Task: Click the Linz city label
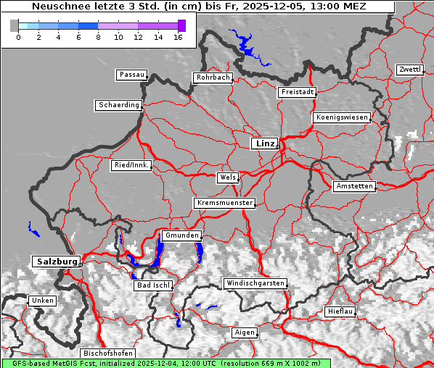pos(264,143)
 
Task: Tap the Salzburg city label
pos(55,261)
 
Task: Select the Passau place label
pos(131,75)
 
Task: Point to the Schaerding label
pos(118,105)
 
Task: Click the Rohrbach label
pos(212,78)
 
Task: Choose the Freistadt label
pos(297,92)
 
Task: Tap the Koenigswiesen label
pos(341,117)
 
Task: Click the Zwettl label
pos(409,70)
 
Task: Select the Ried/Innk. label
pos(131,165)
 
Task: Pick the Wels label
pos(227,177)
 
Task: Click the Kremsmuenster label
pos(225,203)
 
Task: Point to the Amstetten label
pos(354,186)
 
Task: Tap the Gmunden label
pos(181,235)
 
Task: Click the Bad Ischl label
pos(153,285)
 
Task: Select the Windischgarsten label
pos(255,283)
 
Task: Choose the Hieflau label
pos(340,311)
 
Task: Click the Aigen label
pos(245,333)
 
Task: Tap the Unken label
pos(43,301)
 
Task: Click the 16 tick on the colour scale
pos(178,36)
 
